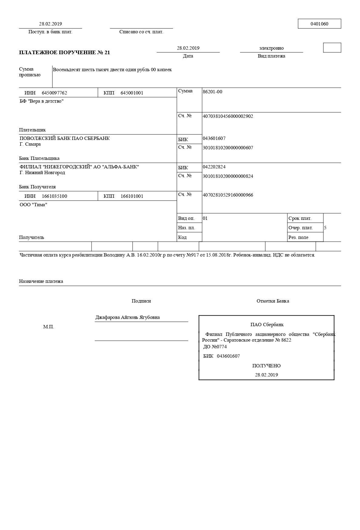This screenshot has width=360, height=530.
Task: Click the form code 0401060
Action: [319, 24]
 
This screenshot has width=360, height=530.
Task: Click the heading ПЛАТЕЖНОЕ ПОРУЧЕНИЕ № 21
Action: [64, 53]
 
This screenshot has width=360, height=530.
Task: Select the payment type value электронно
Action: [271, 48]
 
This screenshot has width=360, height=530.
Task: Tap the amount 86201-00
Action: [212, 92]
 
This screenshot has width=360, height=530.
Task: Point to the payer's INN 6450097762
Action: [54, 93]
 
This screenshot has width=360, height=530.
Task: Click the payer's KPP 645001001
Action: [132, 93]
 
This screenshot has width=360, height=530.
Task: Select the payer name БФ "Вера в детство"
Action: [42, 101]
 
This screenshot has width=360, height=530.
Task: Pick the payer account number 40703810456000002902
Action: [228, 116]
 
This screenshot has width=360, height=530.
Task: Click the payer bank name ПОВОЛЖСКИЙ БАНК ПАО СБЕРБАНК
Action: [65, 138]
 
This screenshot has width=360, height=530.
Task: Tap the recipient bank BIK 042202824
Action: [214, 167]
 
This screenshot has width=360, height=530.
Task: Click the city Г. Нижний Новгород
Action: [42, 173]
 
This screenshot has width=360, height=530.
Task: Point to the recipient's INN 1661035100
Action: [54, 196]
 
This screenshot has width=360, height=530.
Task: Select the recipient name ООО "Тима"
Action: [33, 205]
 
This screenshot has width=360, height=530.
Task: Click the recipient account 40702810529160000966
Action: [228, 195]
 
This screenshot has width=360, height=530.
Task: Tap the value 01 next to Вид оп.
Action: [205, 218]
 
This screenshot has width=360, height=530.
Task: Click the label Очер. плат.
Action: [301, 228]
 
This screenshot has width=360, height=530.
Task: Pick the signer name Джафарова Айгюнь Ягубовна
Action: [127, 317]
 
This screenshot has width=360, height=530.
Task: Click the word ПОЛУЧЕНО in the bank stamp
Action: [266, 366]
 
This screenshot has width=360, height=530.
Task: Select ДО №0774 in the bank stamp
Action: [215, 347]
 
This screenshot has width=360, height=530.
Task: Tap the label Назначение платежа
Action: [41, 281]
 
